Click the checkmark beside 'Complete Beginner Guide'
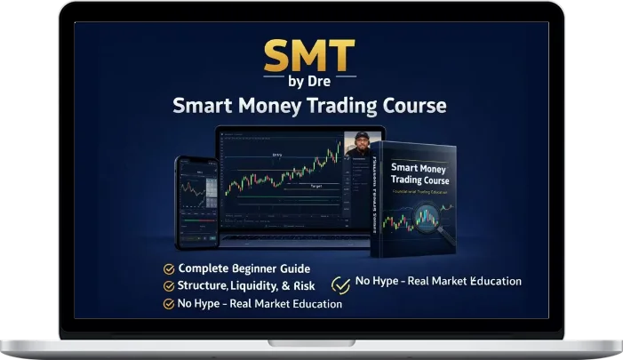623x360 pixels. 169,268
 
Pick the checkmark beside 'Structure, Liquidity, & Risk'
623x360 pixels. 169,286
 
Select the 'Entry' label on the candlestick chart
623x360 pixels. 279,156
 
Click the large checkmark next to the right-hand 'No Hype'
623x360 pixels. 339,284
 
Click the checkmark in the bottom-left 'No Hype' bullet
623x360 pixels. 169,304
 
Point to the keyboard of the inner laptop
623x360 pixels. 293,240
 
